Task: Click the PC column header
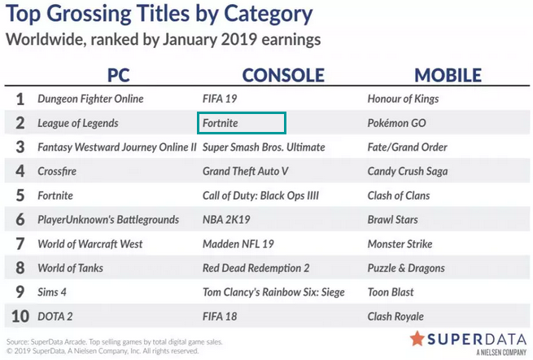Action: [x=119, y=75]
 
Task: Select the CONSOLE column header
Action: [x=283, y=75]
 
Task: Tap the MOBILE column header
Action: [x=448, y=75]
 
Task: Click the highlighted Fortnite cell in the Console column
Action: [x=242, y=123]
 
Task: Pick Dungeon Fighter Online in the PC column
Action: [x=90, y=99]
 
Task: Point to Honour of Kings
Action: [x=403, y=99]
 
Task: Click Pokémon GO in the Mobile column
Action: [x=396, y=123]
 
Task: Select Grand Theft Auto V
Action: [x=246, y=171]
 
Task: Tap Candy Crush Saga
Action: [x=408, y=172]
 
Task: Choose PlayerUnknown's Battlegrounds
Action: [x=108, y=220]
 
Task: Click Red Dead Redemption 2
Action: [x=256, y=268]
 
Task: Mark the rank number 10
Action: [x=20, y=317]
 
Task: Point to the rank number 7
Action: [x=20, y=244]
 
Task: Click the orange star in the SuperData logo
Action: [x=417, y=338]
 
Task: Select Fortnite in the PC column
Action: [x=55, y=195]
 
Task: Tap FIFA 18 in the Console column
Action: [x=220, y=317]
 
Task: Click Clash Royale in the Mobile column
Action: [x=395, y=317]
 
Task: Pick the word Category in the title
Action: [x=269, y=15]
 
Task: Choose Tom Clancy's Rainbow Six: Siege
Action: [x=273, y=292]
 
